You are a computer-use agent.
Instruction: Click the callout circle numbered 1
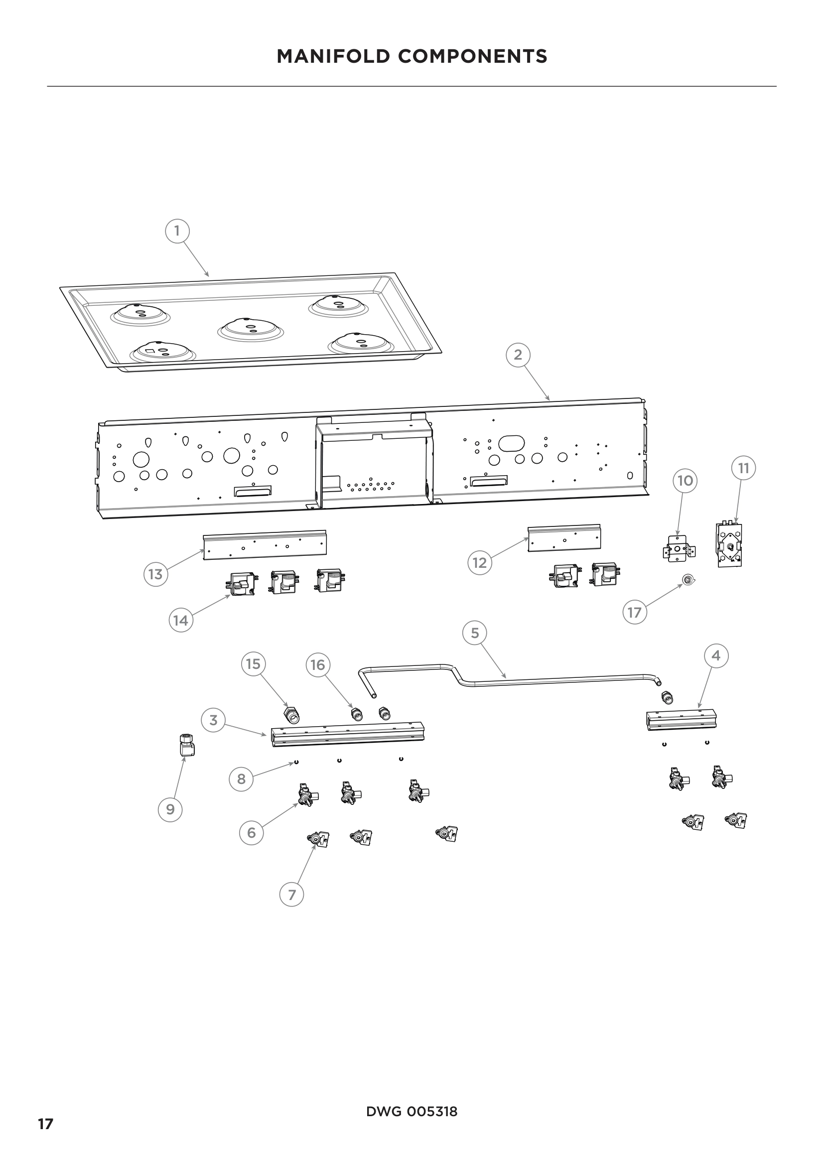coord(177,232)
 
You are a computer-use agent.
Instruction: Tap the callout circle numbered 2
coord(518,355)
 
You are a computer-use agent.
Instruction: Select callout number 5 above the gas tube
coord(475,633)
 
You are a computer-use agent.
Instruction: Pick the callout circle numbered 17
coord(635,613)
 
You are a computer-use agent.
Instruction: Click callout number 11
coord(743,468)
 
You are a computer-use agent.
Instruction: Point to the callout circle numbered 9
coord(170,809)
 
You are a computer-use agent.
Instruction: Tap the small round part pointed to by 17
coord(688,579)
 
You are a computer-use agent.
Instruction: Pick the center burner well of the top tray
coord(250,328)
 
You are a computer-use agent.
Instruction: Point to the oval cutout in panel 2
coord(511,443)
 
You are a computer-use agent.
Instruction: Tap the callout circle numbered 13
coord(155,574)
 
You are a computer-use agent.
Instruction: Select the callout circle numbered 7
coord(292,895)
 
